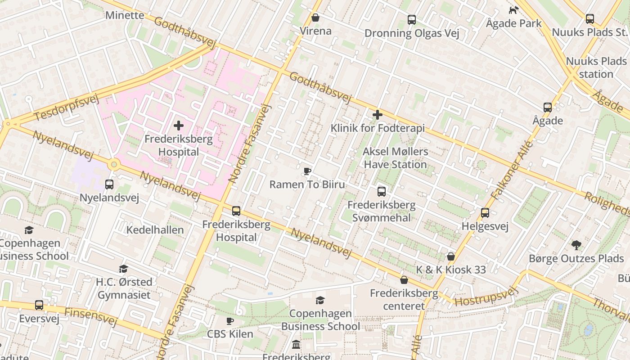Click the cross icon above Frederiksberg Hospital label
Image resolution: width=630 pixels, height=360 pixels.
179,126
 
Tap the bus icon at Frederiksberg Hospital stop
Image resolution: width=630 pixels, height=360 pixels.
236,211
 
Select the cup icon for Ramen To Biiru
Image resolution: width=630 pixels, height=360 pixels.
307,171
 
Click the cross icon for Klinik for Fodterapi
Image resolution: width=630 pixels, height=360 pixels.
378,115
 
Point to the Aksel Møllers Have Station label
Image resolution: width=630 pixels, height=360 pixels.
395,158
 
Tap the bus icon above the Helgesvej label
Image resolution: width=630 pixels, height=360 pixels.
485,213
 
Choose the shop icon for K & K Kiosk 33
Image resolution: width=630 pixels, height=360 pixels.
451,256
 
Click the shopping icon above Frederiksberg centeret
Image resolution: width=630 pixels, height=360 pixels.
404,280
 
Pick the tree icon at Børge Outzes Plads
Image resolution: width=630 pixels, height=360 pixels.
576,245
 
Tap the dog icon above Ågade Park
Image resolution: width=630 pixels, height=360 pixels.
513,10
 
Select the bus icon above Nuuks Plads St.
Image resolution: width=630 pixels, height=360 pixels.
589,19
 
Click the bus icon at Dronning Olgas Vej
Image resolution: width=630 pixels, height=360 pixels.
411,20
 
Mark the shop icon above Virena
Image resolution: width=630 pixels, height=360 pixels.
315,18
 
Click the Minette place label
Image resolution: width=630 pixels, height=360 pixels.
125,15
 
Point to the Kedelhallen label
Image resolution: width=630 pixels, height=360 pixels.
155,230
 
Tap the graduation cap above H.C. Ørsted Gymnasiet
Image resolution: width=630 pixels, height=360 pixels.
123,269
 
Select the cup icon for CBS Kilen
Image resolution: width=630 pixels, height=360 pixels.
230,321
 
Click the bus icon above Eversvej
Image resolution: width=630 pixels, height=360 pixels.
39,305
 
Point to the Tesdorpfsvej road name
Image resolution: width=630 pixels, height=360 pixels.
66,108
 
